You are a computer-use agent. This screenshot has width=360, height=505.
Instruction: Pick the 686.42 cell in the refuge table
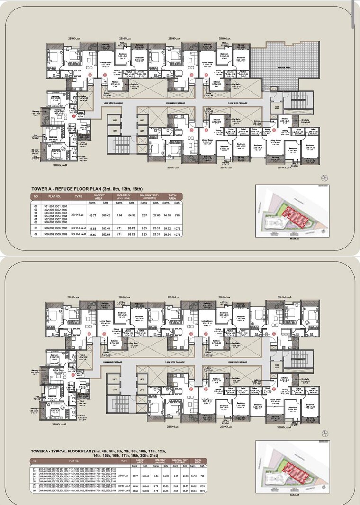pyautogui.click(x=105, y=215)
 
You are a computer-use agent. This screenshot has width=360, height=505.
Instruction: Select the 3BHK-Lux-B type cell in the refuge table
pyautogui.click(x=79, y=234)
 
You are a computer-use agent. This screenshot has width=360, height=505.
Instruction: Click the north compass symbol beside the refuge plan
pyautogui.click(x=324, y=177)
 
